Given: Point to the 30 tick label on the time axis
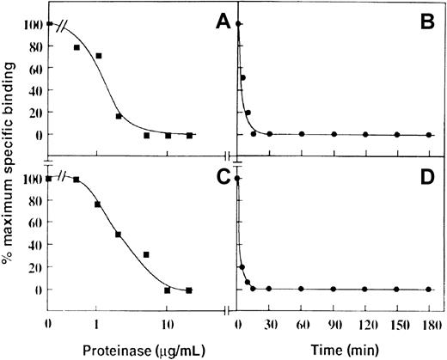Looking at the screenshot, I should click(x=270, y=325).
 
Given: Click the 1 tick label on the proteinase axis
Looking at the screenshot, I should click(x=97, y=325).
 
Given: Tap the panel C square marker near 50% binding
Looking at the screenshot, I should click(x=118, y=235).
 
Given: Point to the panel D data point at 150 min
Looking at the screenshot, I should click(x=397, y=290).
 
